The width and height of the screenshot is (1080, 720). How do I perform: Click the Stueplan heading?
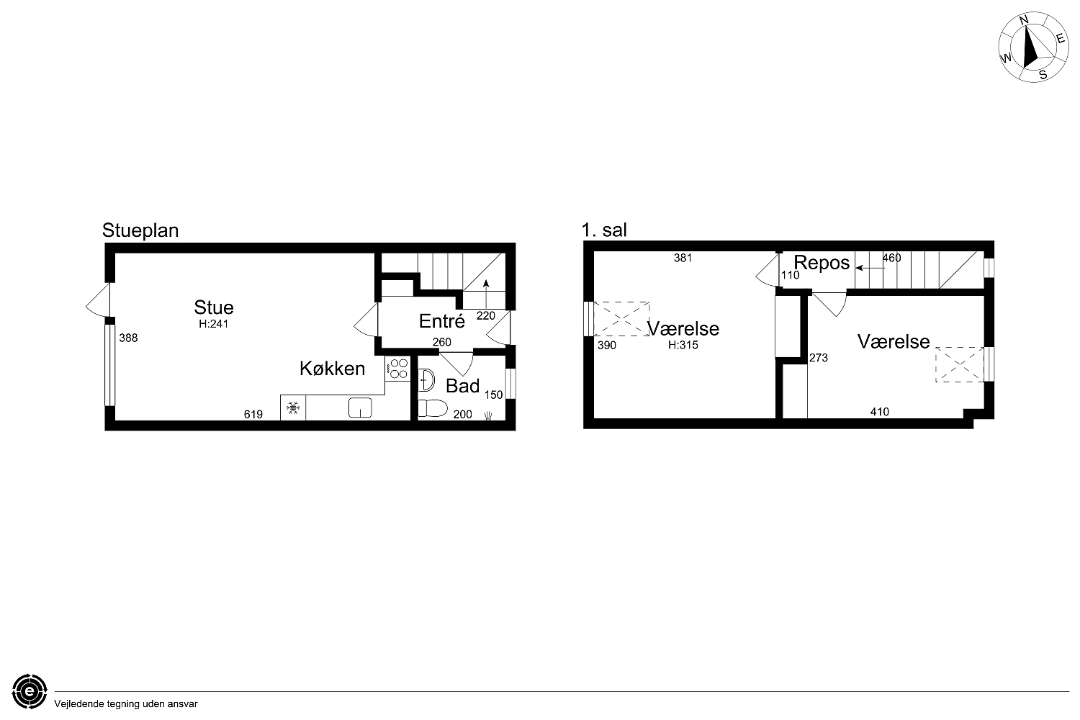point(140,231)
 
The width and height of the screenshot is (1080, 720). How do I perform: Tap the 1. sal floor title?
point(604,230)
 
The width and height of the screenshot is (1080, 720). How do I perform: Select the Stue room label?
point(214,307)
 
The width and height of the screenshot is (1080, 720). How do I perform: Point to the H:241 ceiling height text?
point(214,324)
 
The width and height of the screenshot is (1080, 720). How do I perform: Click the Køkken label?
point(332,369)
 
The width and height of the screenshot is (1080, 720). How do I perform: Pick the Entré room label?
point(441,321)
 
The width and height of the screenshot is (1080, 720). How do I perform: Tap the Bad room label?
point(462,387)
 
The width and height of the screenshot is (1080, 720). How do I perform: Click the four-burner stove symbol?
point(397,369)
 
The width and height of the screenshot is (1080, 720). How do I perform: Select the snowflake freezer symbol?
point(293,408)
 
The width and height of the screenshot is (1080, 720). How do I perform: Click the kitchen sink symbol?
point(360,408)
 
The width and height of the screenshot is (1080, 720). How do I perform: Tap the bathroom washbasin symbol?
point(426,380)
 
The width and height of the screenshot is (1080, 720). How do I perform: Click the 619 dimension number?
point(253,415)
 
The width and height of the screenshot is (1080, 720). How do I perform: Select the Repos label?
point(822,263)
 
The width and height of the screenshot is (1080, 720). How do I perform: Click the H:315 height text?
point(683,346)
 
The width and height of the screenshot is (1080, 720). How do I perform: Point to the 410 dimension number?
point(879,412)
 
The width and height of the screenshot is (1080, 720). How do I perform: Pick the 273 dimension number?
point(818,358)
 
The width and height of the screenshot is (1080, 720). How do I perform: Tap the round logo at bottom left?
point(30,691)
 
